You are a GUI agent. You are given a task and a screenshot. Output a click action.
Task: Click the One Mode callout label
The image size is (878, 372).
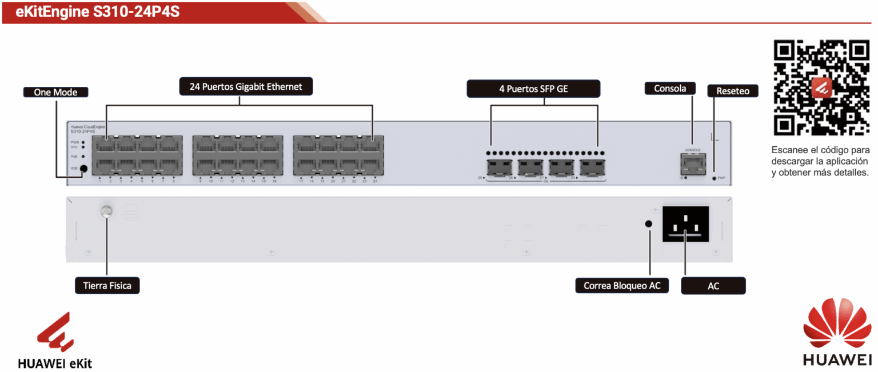click(x=55, y=92)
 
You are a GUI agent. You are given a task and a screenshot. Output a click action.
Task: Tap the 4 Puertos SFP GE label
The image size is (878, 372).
click(x=533, y=89)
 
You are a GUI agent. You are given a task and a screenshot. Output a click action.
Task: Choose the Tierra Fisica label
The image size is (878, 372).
click(x=107, y=285)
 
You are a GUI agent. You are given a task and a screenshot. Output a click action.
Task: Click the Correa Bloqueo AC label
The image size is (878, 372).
click(x=622, y=285)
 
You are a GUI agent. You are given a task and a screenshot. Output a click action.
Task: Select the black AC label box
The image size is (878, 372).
click(x=713, y=286)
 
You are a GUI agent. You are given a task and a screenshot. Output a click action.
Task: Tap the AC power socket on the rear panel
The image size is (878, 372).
click(x=685, y=224)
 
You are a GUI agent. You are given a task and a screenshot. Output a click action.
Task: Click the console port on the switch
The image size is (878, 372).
click(x=692, y=165)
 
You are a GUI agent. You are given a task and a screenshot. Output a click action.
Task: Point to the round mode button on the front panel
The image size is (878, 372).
click(x=84, y=169)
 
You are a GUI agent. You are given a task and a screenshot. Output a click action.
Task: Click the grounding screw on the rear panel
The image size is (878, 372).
click(x=105, y=212)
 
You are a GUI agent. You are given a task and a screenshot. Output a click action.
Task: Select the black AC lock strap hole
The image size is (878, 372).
click(x=649, y=224)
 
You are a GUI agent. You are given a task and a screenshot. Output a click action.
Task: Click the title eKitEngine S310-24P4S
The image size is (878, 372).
click(x=98, y=12)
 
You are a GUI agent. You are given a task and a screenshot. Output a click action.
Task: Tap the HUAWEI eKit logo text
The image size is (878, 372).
click(x=55, y=363)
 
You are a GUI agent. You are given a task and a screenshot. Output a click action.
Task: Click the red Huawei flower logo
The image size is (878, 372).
click(x=836, y=326)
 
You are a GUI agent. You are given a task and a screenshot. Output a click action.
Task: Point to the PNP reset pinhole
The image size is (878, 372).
click(x=714, y=178)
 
